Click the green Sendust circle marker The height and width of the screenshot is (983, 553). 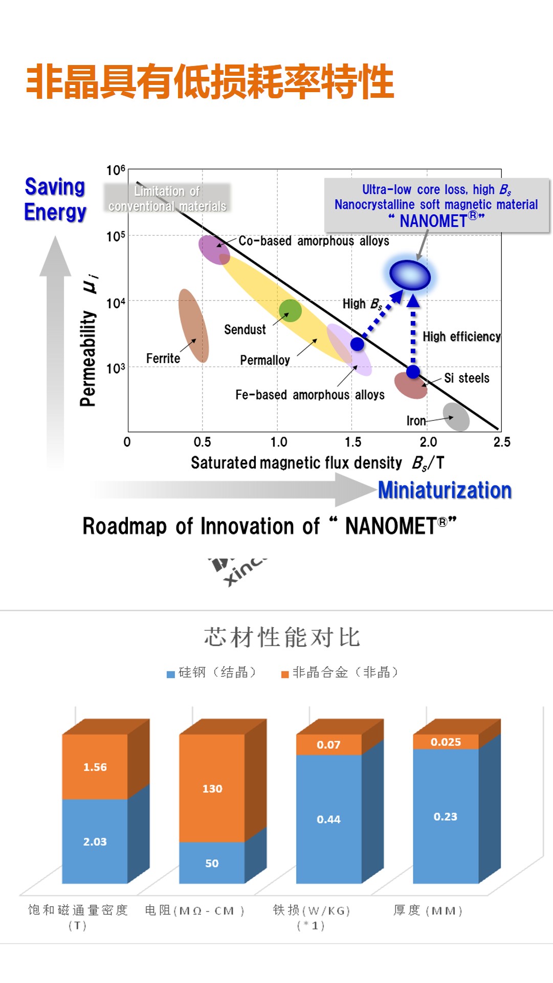(290, 310)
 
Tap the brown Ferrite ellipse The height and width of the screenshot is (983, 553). (193, 326)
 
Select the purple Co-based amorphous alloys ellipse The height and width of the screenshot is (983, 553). (213, 249)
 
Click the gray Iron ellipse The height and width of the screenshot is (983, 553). (456, 417)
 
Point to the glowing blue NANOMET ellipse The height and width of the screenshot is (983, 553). (410, 275)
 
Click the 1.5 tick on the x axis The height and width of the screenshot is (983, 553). (353, 442)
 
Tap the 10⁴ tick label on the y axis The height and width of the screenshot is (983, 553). (116, 303)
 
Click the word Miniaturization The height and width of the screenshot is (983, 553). (445, 490)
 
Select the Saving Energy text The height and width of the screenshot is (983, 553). (55, 199)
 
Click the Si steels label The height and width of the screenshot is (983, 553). (467, 378)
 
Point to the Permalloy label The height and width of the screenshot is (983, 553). (265, 360)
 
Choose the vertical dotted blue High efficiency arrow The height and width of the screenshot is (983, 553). (413, 333)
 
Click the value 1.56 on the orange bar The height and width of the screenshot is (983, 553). (95, 767)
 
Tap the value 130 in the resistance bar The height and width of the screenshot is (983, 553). (212, 788)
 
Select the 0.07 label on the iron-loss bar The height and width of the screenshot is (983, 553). (328, 745)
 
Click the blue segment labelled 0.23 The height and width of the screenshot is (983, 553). (446, 817)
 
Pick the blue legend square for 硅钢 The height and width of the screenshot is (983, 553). (171, 674)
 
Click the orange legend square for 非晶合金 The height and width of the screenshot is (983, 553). (285, 674)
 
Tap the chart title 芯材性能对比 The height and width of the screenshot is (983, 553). (282, 637)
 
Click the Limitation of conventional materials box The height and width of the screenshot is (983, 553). (167, 199)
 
